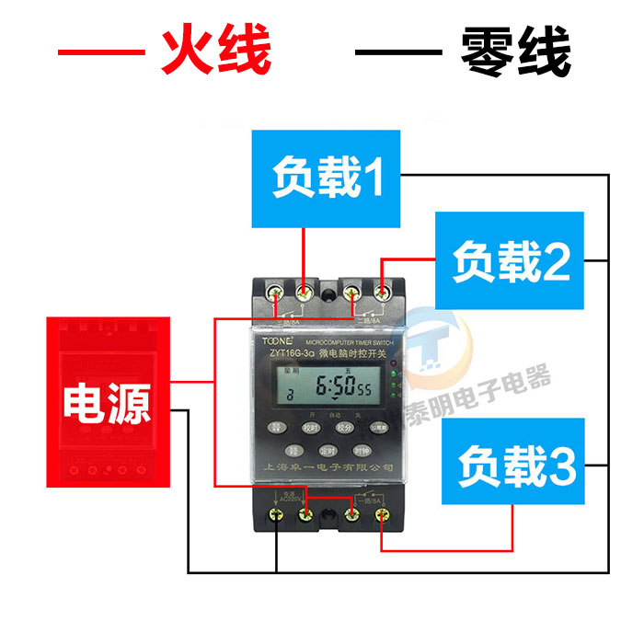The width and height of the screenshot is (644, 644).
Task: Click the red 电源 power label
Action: point(108,403)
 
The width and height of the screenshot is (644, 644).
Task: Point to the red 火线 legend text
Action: point(217,51)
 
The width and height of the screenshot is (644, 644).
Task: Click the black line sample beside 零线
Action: point(396,52)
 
